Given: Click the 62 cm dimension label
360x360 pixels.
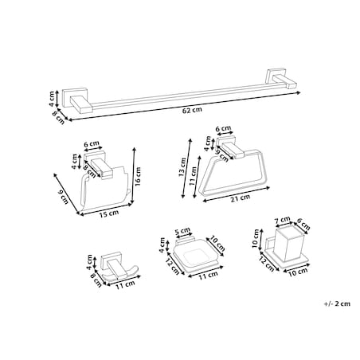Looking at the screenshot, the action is pyautogui.click(x=192, y=110).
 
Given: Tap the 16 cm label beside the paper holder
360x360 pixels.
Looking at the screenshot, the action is pyautogui.click(x=138, y=177).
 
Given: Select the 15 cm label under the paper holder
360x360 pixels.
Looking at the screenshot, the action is pyautogui.click(x=109, y=213).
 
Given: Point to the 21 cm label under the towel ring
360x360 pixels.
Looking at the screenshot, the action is pyautogui.click(x=240, y=198).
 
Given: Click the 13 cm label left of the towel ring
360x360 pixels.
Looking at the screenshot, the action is pyautogui.click(x=182, y=167).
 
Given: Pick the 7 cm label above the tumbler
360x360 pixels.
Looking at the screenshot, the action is pyautogui.click(x=282, y=220).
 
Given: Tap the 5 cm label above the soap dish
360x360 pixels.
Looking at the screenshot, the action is pyautogui.click(x=182, y=230).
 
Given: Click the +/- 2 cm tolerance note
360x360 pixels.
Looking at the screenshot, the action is pyautogui.click(x=337, y=303).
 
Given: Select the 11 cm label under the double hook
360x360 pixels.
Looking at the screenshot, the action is pyautogui.click(x=125, y=284).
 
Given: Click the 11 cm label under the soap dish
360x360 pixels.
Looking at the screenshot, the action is pyautogui.click(x=209, y=275).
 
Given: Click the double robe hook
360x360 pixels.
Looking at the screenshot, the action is pyautogui.click(x=118, y=268).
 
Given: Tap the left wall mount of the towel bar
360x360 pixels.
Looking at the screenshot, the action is pyautogui.click(x=77, y=100).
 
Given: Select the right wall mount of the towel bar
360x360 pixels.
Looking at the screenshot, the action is pyautogui.click(x=282, y=79).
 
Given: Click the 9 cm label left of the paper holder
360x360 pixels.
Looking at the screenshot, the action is pyautogui.click(x=63, y=198).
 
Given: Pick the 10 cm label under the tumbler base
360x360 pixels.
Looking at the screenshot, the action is pyautogui.click(x=298, y=272).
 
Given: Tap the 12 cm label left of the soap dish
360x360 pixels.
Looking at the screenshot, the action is pyautogui.click(x=173, y=266).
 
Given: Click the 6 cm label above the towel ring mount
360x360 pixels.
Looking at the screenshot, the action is pyautogui.click(x=223, y=129).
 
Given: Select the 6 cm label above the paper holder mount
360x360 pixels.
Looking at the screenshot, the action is pyautogui.click(x=92, y=144).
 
